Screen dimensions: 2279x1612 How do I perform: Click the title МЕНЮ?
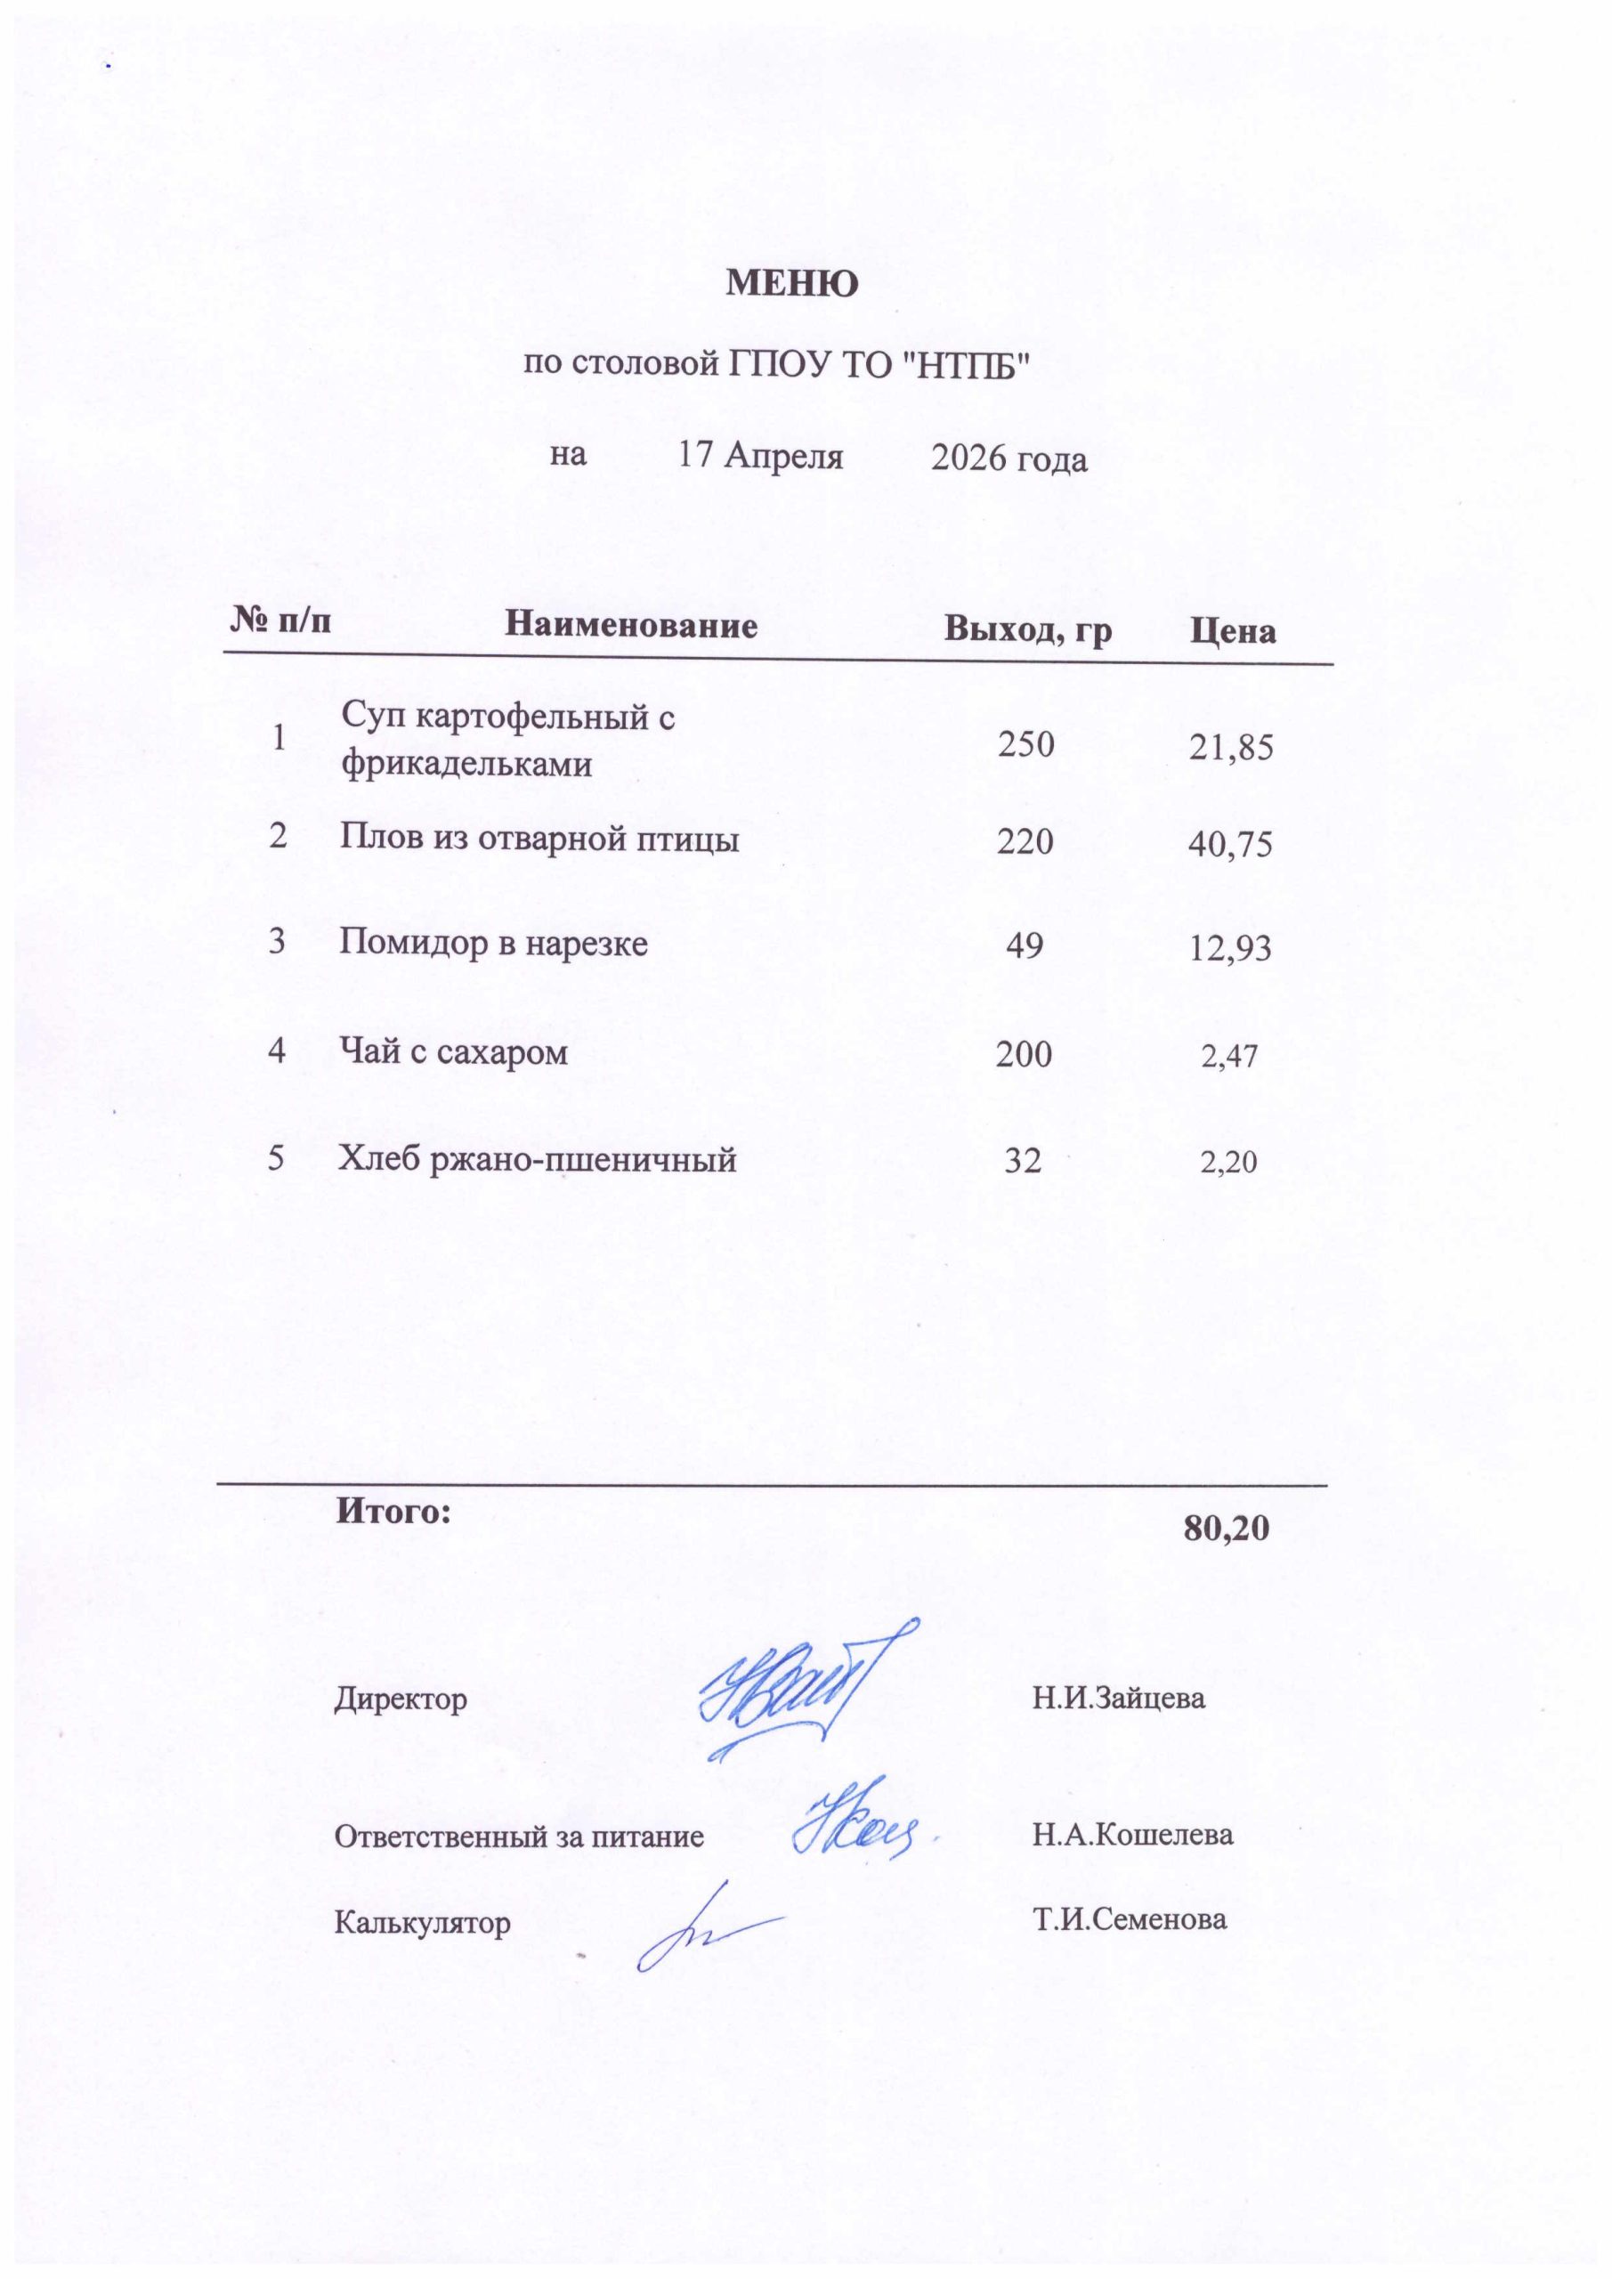tap(792, 285)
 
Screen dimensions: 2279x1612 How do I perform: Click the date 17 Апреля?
tap(760, 456)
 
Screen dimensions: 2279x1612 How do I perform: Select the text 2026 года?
tap(1009, 458)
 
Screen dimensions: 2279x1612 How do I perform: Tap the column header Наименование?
tap(630, 625)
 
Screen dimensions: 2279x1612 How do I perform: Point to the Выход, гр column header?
tap(1027, 629)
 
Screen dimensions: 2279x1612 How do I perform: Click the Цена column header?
tap(1233, 631)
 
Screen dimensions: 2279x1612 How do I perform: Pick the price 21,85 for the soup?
tap(1231, 748)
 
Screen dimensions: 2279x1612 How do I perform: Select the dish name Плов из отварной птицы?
tap(539, 839)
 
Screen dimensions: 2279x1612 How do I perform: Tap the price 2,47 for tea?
tap(1230, 1056)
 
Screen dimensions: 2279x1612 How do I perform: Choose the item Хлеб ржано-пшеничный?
tap(537, 1158)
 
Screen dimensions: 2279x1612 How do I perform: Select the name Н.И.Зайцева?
tap(1119, 1698)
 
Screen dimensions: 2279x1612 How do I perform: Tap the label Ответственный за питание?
tap(518, 1836)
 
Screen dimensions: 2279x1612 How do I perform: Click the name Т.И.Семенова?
tap(1130, 1918)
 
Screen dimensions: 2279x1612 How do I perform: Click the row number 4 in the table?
tap(277, 1050)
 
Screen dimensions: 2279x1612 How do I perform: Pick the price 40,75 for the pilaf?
tap(1231, 845)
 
